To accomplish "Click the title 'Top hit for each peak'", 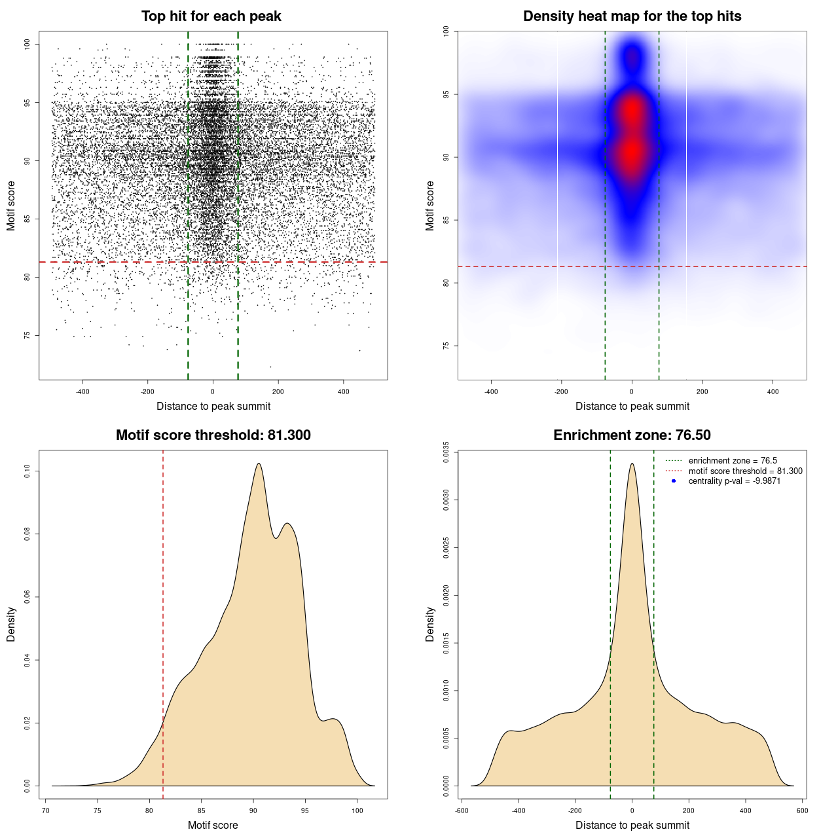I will (211, 16).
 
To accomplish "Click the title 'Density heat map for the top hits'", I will (632, 16).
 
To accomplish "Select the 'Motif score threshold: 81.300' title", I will (213, 435).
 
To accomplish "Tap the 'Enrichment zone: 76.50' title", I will (632, 435).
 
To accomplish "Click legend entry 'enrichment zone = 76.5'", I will (733, 461).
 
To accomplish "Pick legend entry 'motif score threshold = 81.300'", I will (745, 471).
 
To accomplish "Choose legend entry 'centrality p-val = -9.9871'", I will (734, 481).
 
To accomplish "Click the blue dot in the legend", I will (674, 481).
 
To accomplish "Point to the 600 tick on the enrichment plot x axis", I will (802, 811).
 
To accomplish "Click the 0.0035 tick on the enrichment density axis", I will (446, 452).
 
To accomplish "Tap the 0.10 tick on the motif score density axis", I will (27, 471).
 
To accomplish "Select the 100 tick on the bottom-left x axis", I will (357, 811).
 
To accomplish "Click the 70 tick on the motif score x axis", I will (46, 811).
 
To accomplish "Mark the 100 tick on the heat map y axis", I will (446, 31).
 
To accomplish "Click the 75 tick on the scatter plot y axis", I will (27, 335).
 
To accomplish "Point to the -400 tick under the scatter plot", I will (82, 392).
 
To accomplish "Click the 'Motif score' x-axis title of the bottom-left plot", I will (213, 825).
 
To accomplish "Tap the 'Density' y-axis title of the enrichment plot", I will (430, 624).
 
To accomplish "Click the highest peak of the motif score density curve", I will (259, 464).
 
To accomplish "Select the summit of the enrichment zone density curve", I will (632, 464).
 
